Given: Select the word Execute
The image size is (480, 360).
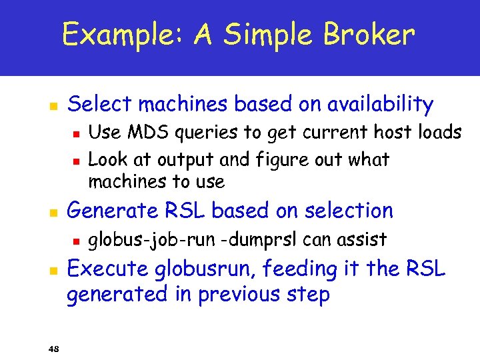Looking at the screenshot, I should pyautogui.click(x=109, y=269).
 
